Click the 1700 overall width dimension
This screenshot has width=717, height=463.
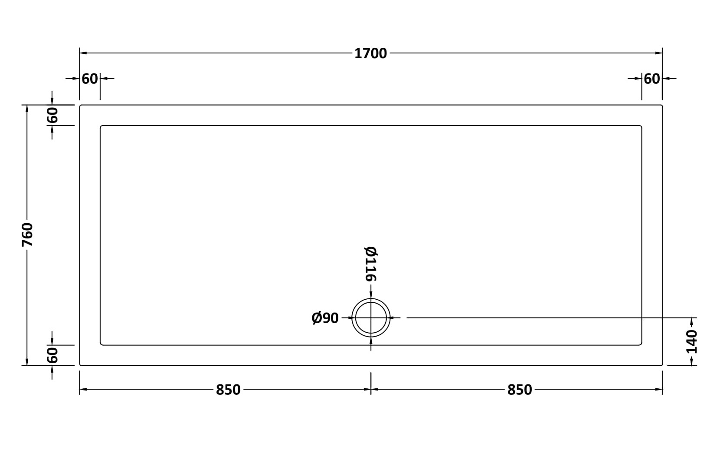371,53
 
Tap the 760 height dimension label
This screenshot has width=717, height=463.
27,235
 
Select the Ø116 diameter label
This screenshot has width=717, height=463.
371,264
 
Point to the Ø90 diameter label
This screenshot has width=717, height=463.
325,318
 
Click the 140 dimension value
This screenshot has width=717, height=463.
692,341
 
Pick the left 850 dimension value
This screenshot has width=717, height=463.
228,390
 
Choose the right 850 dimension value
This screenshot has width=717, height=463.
520,390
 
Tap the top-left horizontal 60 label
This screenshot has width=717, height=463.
90,79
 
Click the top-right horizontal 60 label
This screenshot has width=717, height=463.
652,79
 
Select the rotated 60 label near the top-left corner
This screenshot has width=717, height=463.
53,116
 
